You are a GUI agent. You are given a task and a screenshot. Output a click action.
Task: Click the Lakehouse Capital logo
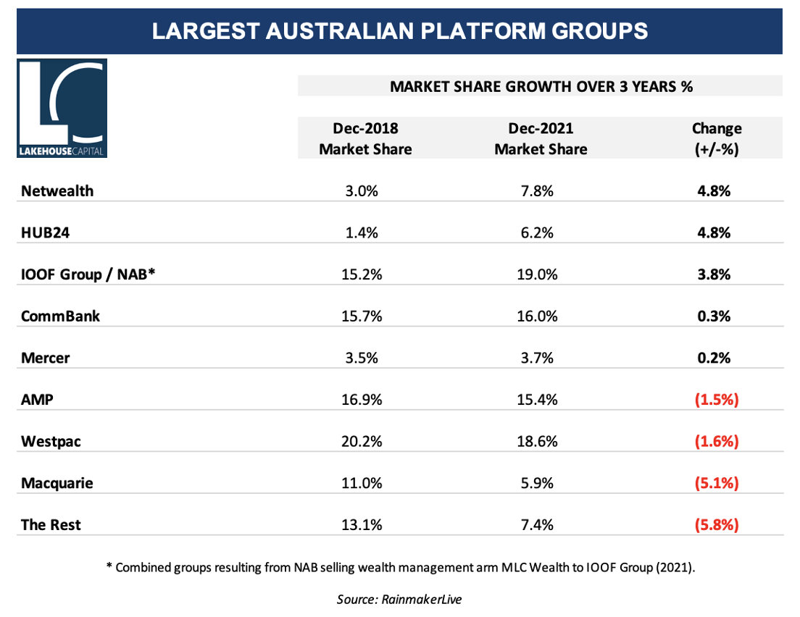pos(62,109)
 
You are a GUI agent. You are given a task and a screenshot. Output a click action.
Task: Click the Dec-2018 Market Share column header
pos(365,138)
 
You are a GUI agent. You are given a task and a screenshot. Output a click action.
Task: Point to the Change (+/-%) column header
pos(717,138)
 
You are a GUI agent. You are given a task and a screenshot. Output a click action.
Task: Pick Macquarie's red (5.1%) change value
pos(717,483)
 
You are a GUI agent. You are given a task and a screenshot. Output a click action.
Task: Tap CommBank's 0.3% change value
pos(717,316)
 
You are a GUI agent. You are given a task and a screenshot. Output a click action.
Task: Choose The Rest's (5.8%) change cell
pos(717,525)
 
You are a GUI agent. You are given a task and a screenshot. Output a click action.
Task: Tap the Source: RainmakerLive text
pos(400,599)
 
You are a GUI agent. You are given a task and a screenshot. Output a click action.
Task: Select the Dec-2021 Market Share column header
pos(541,138)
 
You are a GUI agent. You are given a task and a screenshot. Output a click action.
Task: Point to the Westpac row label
pos(51,441)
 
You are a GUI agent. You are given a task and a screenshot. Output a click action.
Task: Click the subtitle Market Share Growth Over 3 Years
pos(541,87)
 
